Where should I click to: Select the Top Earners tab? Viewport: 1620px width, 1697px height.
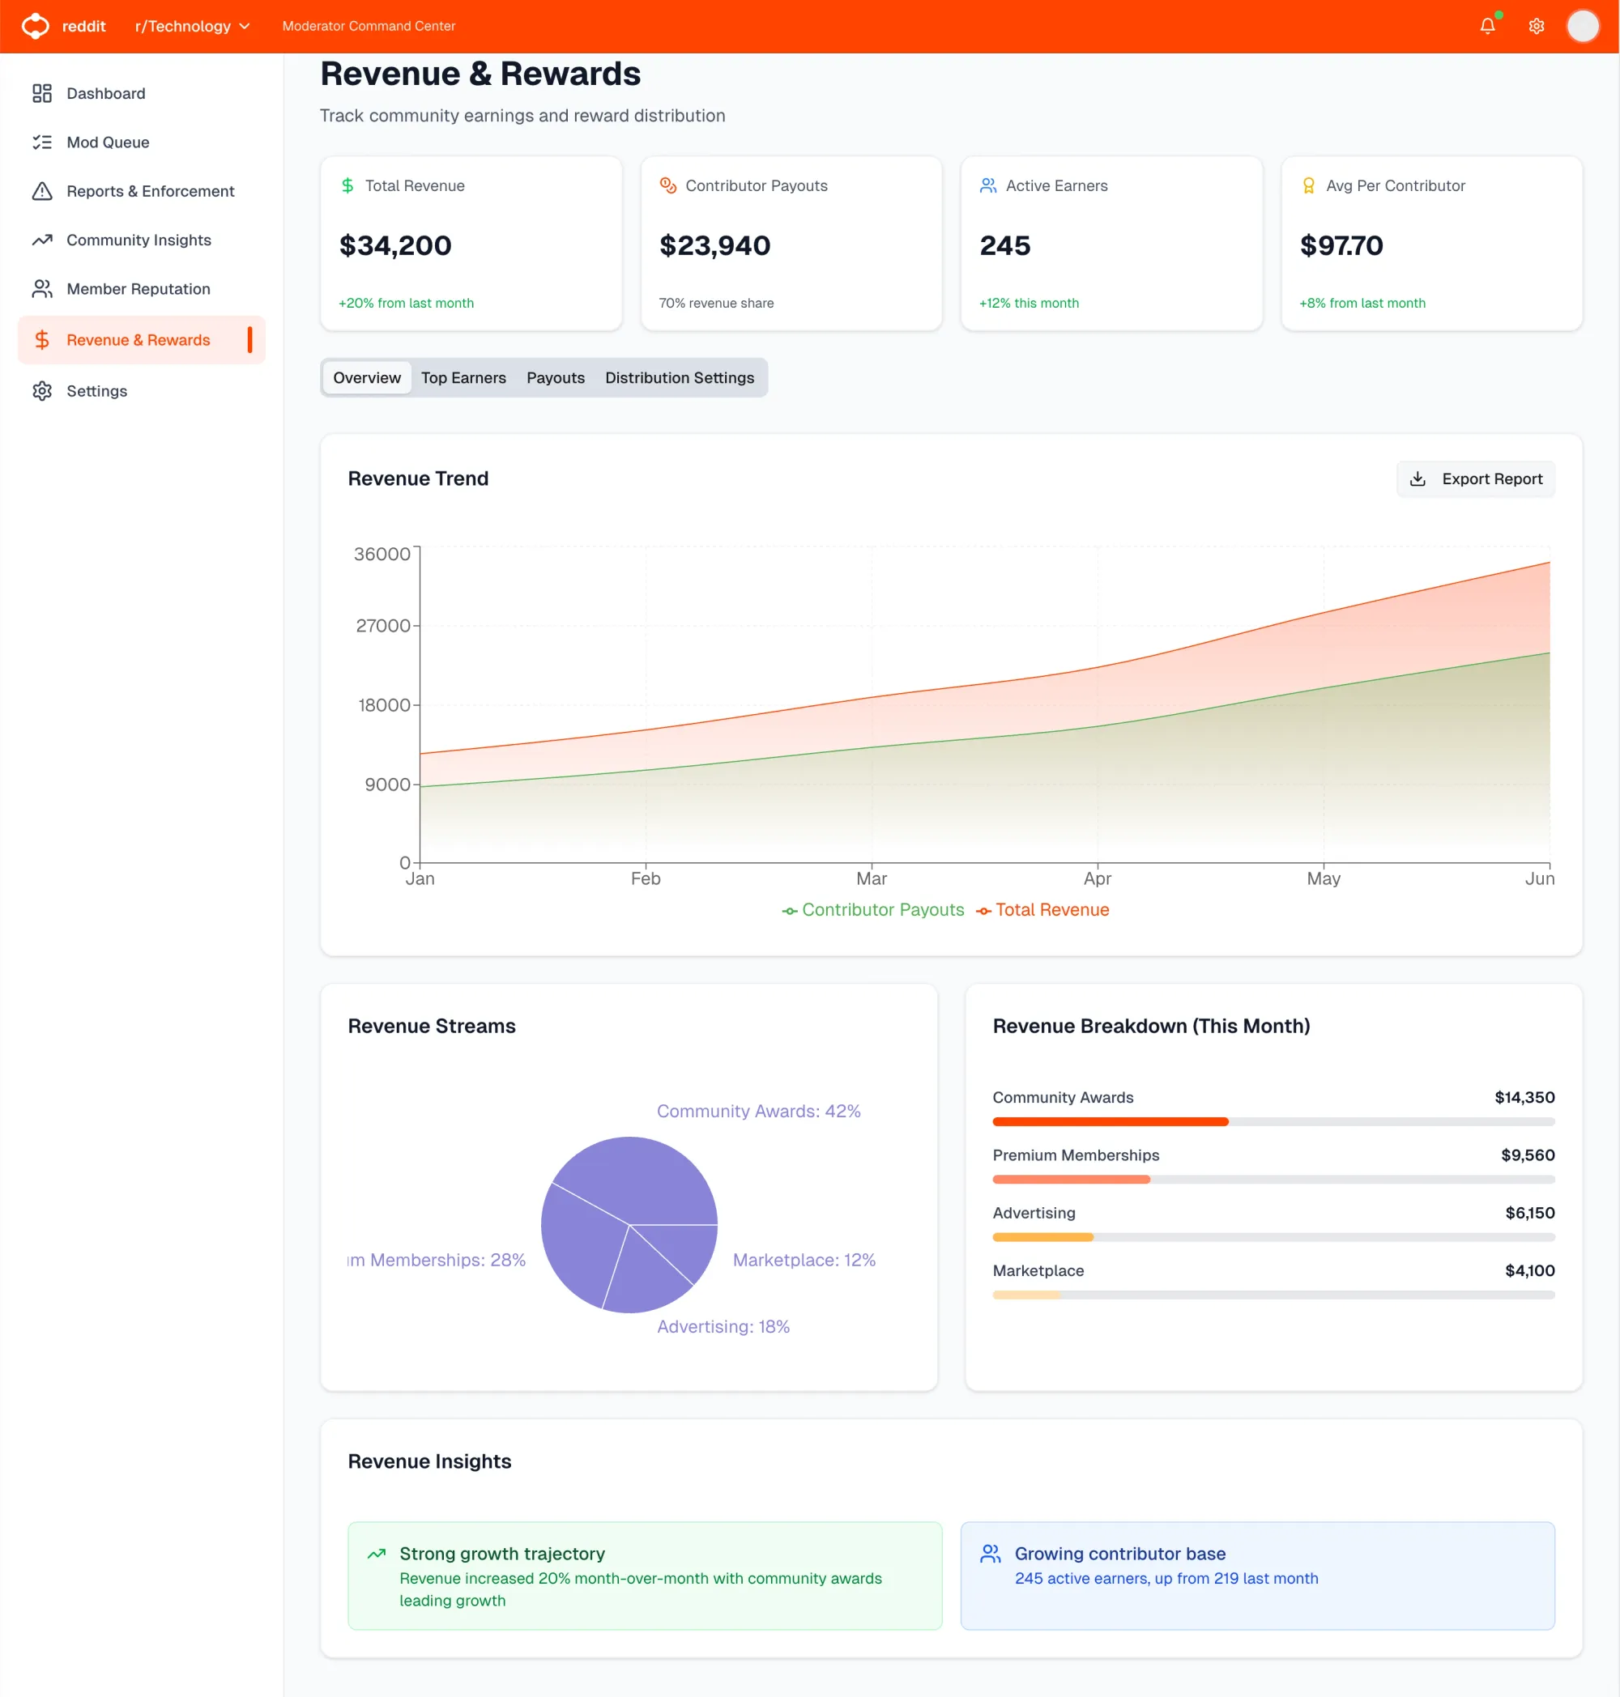point(463,378)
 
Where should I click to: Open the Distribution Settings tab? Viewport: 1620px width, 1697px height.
point(679,378)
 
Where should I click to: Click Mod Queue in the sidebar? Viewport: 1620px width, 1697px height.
point(107,142)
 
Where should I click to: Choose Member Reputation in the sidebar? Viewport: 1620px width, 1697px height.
point(139,289)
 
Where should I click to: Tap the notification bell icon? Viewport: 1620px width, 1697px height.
point(1487,26)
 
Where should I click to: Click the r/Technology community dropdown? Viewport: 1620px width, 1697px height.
point(192,26)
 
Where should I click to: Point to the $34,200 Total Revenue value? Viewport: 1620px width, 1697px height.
point(394,246)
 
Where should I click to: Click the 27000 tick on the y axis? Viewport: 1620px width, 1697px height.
point(382,626)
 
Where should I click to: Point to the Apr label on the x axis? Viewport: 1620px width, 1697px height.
point(1097,878)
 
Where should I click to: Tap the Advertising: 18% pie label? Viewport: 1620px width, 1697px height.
point(723,1327)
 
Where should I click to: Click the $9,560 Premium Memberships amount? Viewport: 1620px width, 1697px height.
point(1527,1155)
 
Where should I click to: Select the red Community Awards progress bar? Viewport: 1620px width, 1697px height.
point(1110,1122)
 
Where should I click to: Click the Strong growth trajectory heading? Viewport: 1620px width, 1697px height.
point(501,1554)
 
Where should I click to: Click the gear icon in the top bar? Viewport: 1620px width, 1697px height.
point(1537,26)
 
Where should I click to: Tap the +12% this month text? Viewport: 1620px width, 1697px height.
point(1029,303)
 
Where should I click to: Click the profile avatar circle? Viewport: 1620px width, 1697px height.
point(1582,26)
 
